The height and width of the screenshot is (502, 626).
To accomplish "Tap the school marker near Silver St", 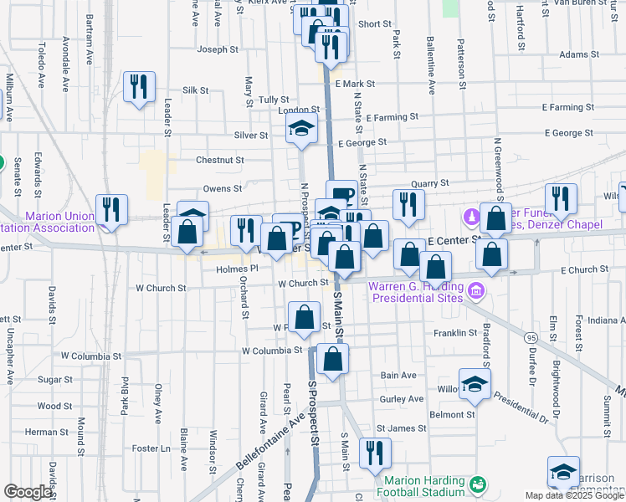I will click(301, 130).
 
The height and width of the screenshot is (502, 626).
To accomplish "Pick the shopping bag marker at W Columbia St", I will click(332, 360).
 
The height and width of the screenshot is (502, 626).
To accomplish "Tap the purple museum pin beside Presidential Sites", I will click(477, 291).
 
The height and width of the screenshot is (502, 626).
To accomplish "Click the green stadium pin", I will click(478, 484).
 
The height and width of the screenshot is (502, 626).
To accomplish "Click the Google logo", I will click(28, 492).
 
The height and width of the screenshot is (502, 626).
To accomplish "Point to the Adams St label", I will click(575, 54).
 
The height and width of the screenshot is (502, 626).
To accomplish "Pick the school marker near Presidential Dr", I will click(475, 383).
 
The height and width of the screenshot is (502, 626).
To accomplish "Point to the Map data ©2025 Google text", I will click(575, 495).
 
